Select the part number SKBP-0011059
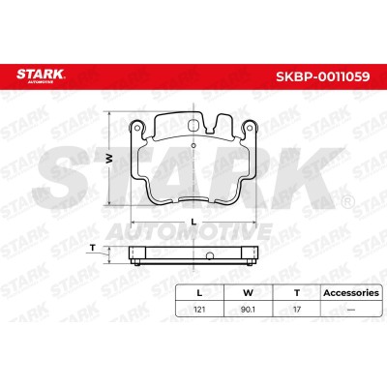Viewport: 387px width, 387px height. (x=323, y=76)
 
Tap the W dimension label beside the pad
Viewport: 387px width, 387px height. (x=109, y=158)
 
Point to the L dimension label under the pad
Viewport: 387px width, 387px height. (x=193, y=222)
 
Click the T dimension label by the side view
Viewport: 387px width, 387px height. (x=93, y=248)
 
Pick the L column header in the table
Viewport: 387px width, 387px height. (x=199, y=293)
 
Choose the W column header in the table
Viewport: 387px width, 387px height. (x=248, y=293)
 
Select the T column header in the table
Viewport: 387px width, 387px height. (x=297, y=293)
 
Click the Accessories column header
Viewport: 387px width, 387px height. (x=351, y=293)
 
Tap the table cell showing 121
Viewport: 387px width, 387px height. (x=199, y=310)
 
